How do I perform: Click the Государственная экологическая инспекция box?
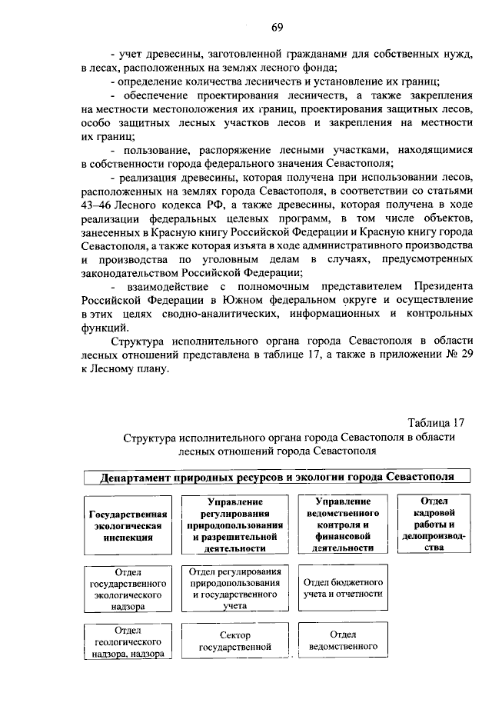coord(128,525)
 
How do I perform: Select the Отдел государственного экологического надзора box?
coord(128,589)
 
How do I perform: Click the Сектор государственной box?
coord(235,641)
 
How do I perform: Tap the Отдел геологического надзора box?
coord(128,642)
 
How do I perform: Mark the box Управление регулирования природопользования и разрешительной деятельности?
coord(235,525)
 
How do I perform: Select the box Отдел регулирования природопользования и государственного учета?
coord(235,588)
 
